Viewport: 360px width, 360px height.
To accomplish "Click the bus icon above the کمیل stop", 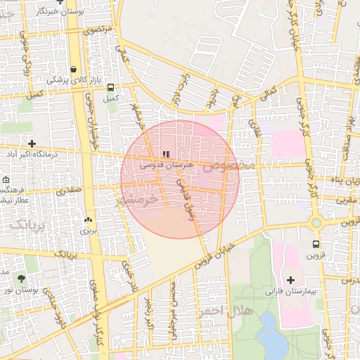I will [110, 87].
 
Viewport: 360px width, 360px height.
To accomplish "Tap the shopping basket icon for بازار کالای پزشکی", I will [73, 70].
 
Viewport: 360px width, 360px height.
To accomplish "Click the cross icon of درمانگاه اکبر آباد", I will [32, 143].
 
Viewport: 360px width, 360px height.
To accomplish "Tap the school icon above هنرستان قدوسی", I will [166, 153].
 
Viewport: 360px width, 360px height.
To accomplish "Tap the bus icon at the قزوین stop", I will [316, 244].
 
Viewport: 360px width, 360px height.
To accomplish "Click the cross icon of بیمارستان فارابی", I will [290, 279].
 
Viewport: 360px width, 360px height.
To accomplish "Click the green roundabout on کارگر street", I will [316, 222].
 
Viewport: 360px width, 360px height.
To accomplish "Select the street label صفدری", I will [70, 189].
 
